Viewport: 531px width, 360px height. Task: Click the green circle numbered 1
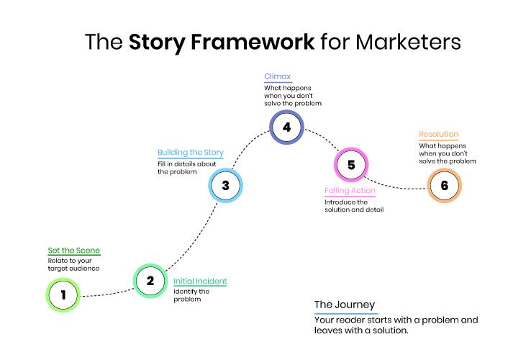(x=63, y=294)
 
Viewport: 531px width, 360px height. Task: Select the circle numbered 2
(x=150, y=281)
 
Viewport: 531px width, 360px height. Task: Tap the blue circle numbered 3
(x=225, y=185)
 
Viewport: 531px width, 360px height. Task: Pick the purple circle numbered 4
(x=286, y=127)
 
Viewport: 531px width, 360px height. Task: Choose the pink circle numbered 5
(x=351, y=165)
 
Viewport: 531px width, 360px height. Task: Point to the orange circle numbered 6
(x=444, y=185)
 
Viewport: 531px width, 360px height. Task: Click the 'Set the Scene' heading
(x=74, y=251)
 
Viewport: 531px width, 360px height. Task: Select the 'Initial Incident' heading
(x=200, y=281)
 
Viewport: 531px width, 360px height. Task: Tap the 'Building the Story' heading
(x=191, y=153)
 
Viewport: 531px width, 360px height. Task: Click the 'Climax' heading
(x=277, y=76)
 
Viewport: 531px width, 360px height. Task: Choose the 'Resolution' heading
(x=438, y=135)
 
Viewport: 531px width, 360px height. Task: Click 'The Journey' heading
(x=344, y=305)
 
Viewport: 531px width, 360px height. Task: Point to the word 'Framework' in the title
(x=222, y=41)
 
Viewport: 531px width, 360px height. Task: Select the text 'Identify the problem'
(x=191, y=294)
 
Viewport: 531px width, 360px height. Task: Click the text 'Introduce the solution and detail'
(x=353, y=206)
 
